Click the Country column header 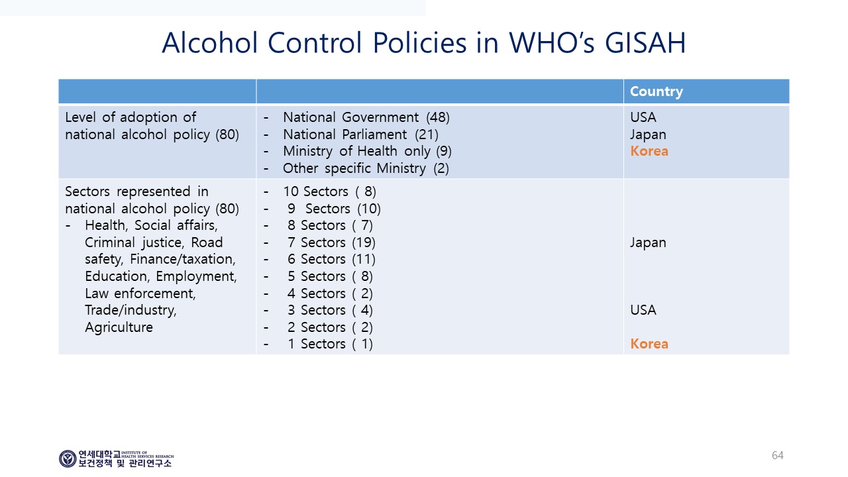tap(656, 91)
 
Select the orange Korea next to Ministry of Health tap(649, 151)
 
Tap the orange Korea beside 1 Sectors tap(649, 344)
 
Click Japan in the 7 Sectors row tap(648, 242)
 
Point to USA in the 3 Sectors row tap(643, 310)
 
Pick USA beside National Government tap(643, 117)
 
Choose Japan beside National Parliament tap(648, 134)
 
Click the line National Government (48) tap(366, 117)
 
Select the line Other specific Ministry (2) tap(366, 168)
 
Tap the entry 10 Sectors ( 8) tap(329, 191)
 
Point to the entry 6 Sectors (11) tap(331, 259)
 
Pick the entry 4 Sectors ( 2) tap(330, 293)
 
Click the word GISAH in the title tap(645, 43)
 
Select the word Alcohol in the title tap(210, 43)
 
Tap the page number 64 tap(777, 455)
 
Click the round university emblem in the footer tap(68, 458)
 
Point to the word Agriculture tap(119, 327)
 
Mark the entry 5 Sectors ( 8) tap(330, 276)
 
